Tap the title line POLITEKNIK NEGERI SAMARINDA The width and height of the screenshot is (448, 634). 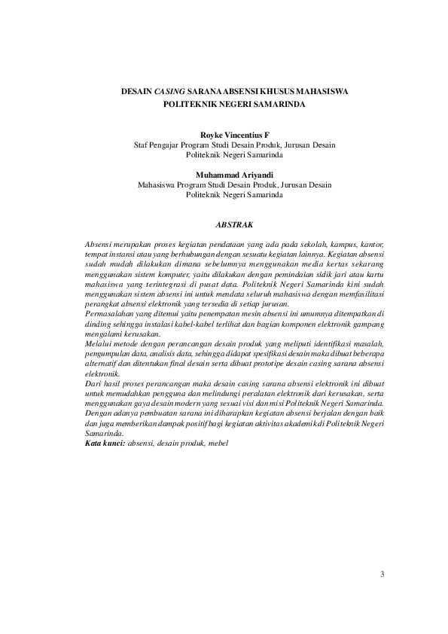(x=234, y=104)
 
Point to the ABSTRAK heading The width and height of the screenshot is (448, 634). (x=234, y=224)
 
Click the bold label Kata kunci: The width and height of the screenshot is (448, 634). (x=105, y=443)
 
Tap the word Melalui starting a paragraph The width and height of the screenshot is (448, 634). (x=99, y=343)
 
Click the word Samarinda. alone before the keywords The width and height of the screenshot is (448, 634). (x=104, y=434)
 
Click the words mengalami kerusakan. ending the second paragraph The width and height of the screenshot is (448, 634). (x=122, y=334)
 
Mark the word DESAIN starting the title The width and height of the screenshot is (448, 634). (x=136, y=90)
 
